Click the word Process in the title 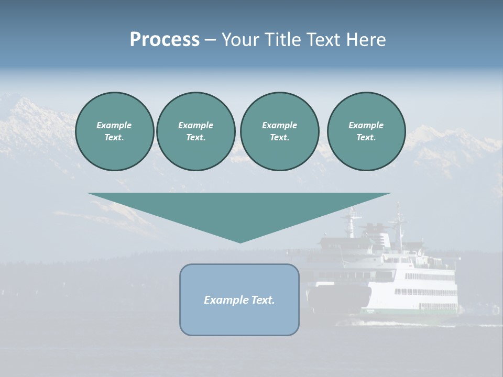tap(165, 40)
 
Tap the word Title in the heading tap(281, 40)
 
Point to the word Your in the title tap(240, 40)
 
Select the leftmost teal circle tap(115, 131)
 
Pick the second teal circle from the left tap(196, 131)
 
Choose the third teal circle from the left tap(279, 131)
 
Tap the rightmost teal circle tap(366, 131)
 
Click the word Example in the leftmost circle tap(114, 125)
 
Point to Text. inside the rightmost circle tap(366, 138)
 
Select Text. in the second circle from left tap(196, 138)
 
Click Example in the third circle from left tap(279, 125)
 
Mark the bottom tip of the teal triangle tap(240, 242)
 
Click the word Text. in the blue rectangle tap(262, 300)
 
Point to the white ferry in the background tap(403, 283)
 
